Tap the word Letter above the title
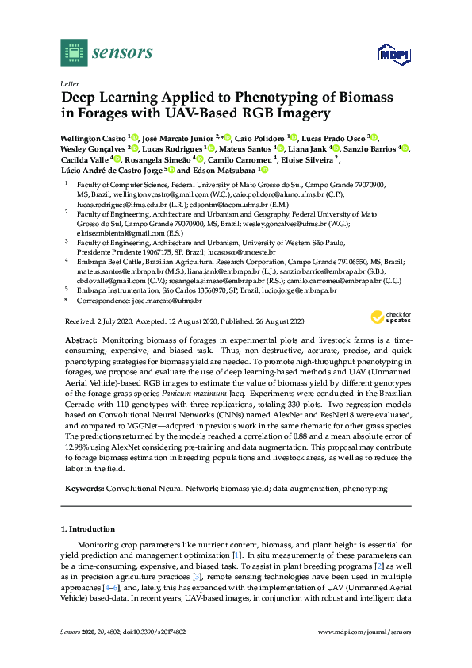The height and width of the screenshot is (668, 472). [69, 83]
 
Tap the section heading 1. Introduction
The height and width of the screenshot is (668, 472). [87, 528]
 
